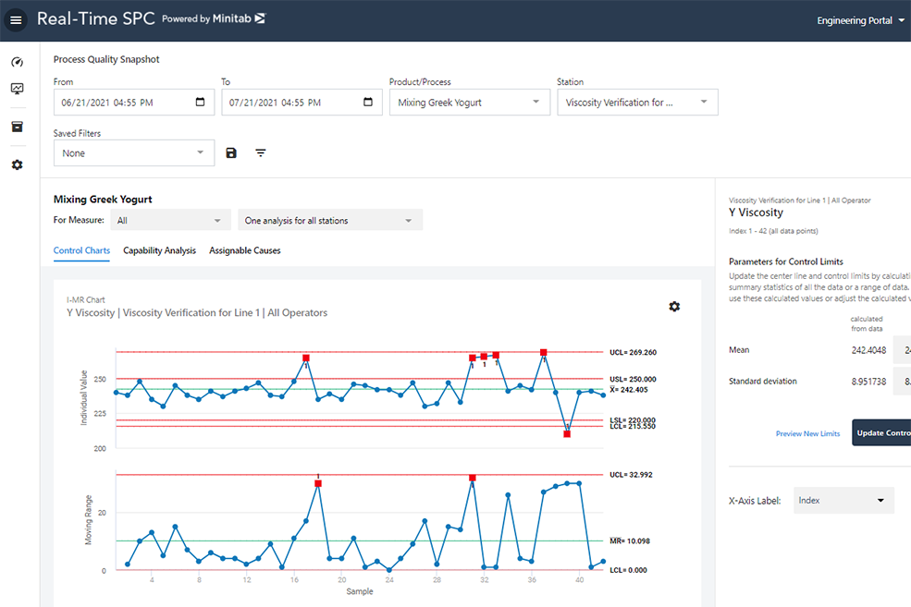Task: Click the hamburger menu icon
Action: coord(16,20)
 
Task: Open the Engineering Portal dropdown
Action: coord(860,20)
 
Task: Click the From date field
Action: coord(125,103)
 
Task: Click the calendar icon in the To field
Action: coord(368,103)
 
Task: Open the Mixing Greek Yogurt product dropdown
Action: coord(469,103)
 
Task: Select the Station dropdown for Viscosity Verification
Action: coord(636,103)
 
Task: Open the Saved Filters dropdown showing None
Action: coord(133,153)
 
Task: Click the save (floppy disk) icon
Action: coord(231,153)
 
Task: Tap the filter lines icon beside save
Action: coord(261,153)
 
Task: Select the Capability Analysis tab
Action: coord(159,250)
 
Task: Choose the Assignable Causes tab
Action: coord(244,250)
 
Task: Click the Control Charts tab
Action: coord(81,250)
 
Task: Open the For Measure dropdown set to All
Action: coord(170,221)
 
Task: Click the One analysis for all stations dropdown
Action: coord(328,221)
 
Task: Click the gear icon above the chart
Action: coord(674,307)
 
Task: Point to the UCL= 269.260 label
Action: coord(633,353)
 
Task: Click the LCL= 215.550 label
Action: coord(633,426)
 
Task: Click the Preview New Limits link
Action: coord(807,433)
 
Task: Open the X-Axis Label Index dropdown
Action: coord(843,501)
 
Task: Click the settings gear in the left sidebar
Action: coord(17,164)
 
